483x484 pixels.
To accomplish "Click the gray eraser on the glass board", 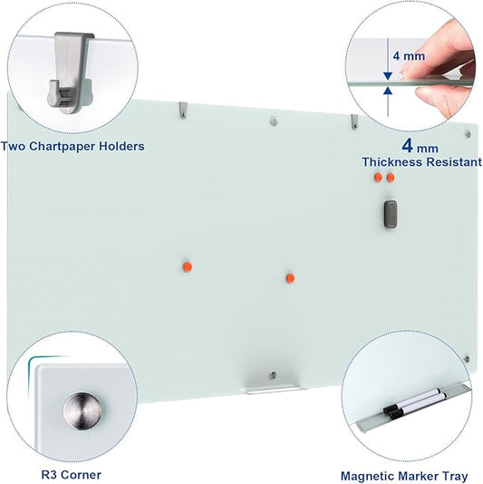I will coord(391,213).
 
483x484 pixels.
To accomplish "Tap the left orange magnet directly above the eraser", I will coord(379,179).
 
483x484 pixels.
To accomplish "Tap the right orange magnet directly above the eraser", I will coord(391,179).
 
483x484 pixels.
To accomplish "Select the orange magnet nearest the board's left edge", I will coord(187,266).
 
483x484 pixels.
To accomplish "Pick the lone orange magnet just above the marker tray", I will coord(290,277).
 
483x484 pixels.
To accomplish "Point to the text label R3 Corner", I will coord(71,474).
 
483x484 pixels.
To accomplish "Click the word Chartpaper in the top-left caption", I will coord(78,145).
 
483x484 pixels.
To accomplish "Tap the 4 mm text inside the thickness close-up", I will coord(408,56).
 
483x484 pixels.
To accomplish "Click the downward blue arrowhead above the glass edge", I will coord(388,75).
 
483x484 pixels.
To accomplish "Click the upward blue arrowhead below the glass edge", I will coord(388,91).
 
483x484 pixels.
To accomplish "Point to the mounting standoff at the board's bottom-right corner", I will coord(467,359).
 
